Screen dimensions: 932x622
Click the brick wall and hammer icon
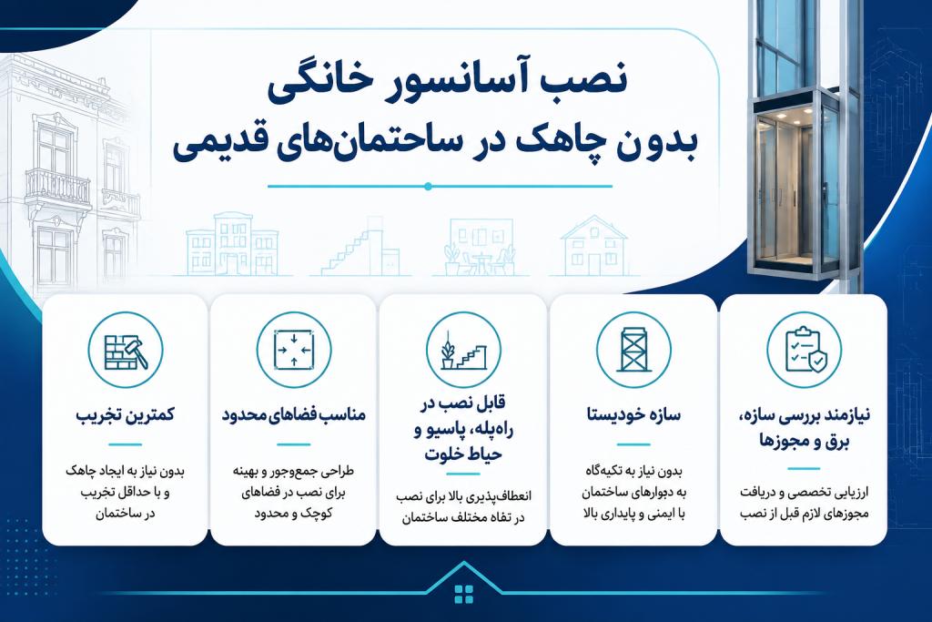click(x=126, y=351)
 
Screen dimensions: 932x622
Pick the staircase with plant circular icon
click(x=463, y=351)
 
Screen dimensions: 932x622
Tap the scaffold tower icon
click(x=633, y=351)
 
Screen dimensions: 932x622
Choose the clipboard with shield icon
click(x=804, y=351)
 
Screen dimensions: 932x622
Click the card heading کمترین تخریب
click(x=126, y=414)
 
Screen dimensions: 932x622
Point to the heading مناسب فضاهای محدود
click(x=294, y=414)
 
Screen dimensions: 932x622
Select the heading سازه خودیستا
click(x=633, y=414)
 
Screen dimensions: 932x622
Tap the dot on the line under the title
click(x=428, y=187)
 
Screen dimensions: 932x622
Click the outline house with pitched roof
click(x=594, y=245)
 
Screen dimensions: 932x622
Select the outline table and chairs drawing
click(x=481, y=246)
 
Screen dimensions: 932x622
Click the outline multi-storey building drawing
click(x=232, y=244)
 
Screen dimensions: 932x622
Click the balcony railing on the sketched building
click(x=58, y=187)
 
